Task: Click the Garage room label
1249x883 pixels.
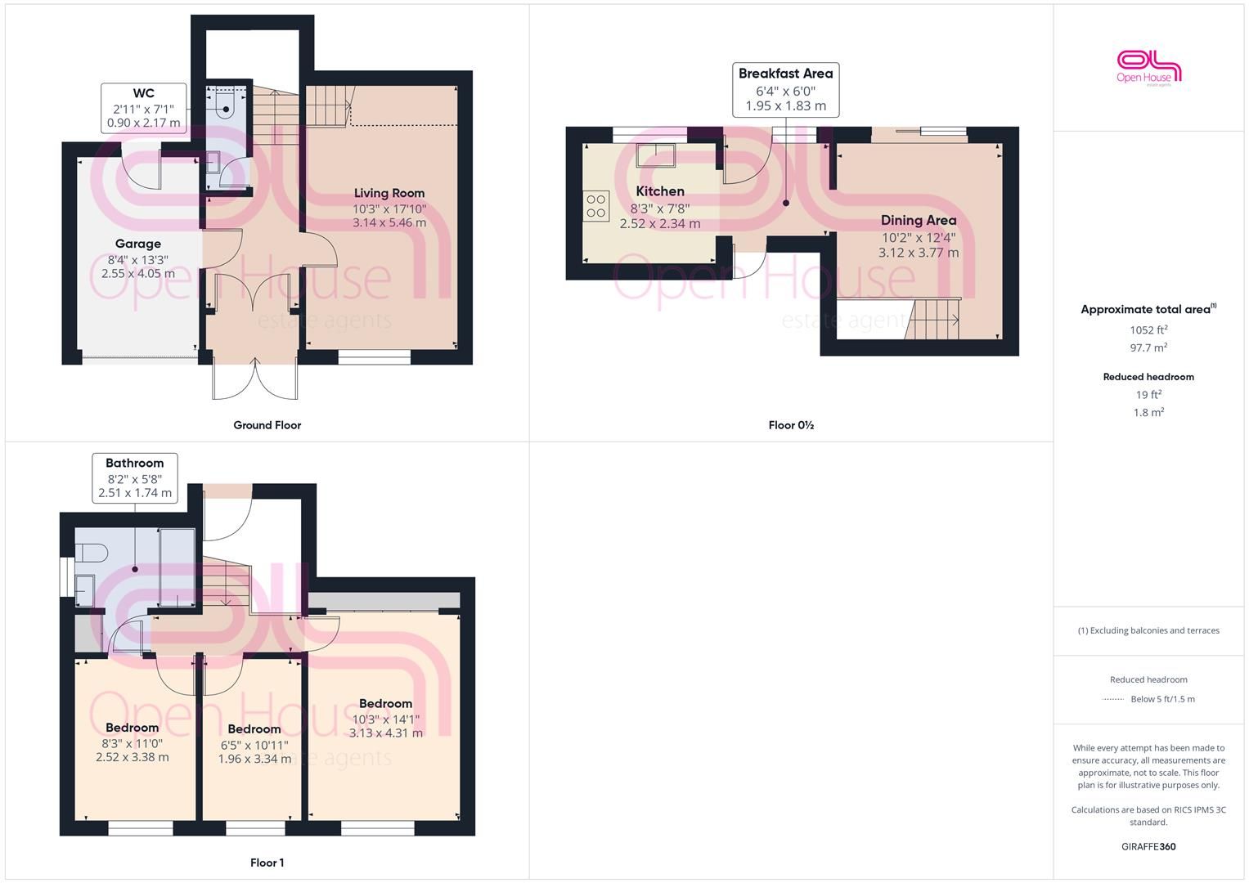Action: point(137,244)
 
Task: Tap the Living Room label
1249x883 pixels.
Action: point(389,193)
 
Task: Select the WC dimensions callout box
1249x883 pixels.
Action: point(144,108)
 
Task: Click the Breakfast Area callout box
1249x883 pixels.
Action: point(786,90)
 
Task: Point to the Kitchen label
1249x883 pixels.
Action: point(660,191)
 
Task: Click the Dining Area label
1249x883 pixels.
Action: point(919,220)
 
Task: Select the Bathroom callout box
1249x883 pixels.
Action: point(135,477)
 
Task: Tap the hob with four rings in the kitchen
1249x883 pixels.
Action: point(596,206)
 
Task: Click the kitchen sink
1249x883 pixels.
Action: point(656,155)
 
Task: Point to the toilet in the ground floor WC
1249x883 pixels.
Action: point(225,105)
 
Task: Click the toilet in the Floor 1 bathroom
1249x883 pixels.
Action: point(90,554)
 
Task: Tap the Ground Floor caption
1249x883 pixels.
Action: point(267,425)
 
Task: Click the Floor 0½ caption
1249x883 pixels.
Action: point(791,425)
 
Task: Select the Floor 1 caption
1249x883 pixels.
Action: point(267,863)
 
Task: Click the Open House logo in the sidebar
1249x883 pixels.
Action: point(1148,68)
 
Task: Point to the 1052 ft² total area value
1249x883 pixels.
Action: point(1148,329)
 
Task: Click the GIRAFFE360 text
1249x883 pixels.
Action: point(1148,847)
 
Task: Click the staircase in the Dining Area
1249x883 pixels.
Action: point(932,319)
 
